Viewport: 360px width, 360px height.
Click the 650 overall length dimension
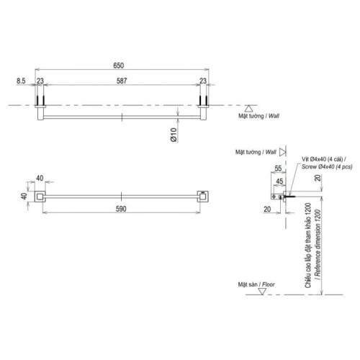[120, 66]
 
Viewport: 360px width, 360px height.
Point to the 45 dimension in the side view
[279, 181]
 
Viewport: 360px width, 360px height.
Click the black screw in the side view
[290, 194]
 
